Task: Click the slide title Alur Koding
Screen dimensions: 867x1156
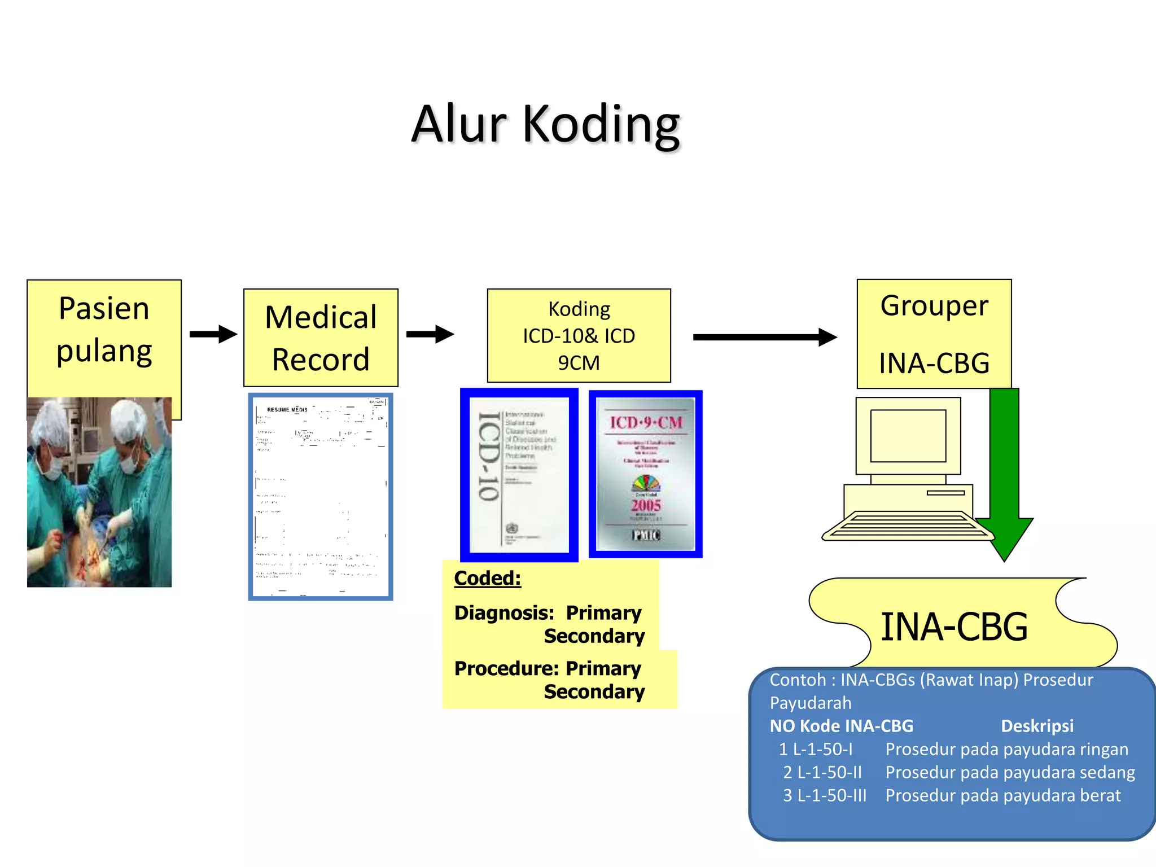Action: click(x=545, y=124)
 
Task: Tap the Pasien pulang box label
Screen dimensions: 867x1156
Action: click(x=104, y=330)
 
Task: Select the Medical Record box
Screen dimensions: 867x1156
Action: click(x=321, y=338)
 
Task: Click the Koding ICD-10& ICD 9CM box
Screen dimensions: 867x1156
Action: click(x=579, y=335)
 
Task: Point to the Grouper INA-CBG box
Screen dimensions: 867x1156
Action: click(x=934, y=334)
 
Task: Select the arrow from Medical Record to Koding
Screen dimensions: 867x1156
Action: click(x=430, y=334)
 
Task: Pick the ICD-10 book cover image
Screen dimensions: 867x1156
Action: click(x=519, y=475)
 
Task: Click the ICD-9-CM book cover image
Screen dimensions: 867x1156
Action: click(x=645, y=474)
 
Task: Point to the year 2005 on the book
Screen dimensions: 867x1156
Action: click(x=646, y=505)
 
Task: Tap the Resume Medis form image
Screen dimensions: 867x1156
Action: click(x=320, y=497)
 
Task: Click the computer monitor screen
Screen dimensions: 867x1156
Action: click(x=908, y=435)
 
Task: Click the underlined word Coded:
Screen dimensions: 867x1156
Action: click(x=487, y=578)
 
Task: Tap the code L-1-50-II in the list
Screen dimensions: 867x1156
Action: click(x=829, y=772)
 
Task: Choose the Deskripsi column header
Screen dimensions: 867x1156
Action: click(x=1037, y=726)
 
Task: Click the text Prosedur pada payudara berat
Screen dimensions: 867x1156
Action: click(x=1002, y=795)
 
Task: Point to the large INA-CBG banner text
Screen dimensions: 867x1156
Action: click(x=954, y=627)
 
